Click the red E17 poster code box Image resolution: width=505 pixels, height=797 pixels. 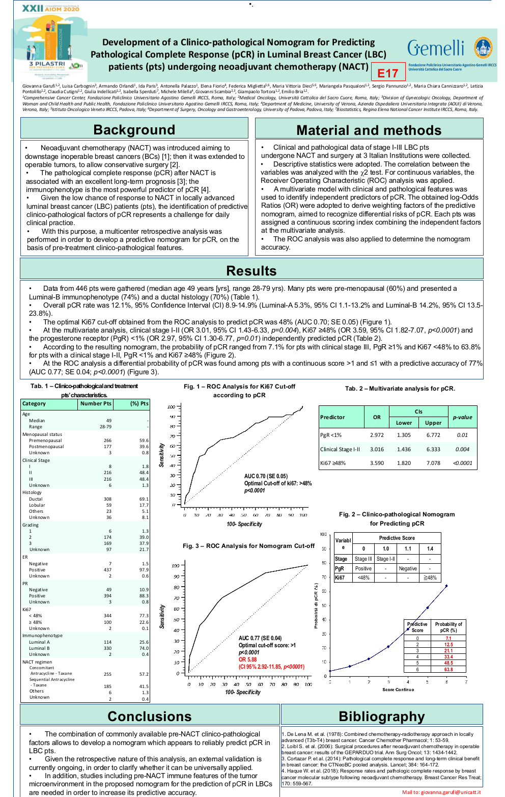pos(388,73)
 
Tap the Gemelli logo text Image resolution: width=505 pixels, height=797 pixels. pos(436,48)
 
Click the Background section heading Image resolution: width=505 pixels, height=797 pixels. pos(134,130)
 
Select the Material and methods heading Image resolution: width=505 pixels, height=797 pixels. pos(369,130)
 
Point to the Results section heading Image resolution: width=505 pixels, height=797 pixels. pos(251,270)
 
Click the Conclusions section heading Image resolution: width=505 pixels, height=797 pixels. pos(150,716)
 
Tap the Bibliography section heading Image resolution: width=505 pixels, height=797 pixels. pos(382,717)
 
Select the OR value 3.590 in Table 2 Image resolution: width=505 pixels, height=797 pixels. pos(377,463)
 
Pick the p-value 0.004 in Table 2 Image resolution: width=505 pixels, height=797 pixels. pos(462,449)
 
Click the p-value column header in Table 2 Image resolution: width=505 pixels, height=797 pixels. pos(462,417)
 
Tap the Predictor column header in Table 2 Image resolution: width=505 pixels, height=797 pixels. pos(332,417)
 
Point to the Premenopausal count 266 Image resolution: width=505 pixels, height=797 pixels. pos(107,441)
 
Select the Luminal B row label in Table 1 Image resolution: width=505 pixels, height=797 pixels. pos(39,648)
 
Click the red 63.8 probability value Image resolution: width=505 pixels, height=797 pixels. pos(448,669)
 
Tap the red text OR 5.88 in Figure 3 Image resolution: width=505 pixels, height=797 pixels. pos(249,659)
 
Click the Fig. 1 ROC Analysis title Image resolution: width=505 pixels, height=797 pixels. pos(239,391)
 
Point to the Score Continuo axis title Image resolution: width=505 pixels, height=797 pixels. pos(398,690)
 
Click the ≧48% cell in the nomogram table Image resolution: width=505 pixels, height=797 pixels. pos(430,578)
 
